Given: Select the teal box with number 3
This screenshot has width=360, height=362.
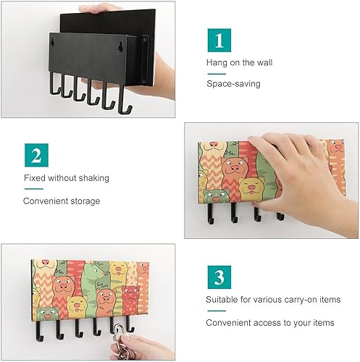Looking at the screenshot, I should coord(218,277).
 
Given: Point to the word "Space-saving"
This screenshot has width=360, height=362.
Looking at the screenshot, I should coord(233,84).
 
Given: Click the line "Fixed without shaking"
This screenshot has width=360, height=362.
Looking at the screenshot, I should coord(67,178).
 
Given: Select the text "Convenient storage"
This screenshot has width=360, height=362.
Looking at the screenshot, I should coord(62,201).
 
